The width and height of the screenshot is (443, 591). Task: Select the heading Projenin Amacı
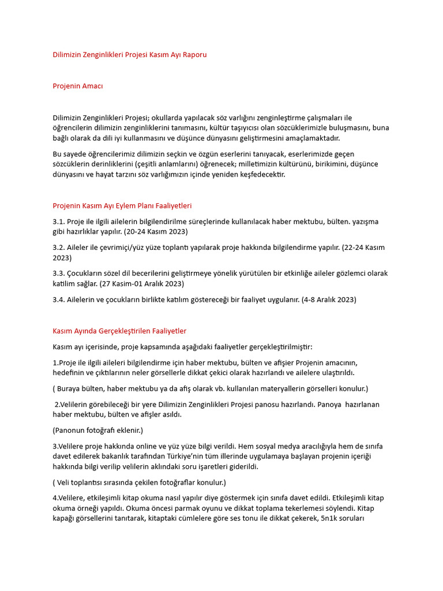click(x=78, y=86)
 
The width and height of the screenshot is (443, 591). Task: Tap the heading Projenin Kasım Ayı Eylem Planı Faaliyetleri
click(x=122, y=205)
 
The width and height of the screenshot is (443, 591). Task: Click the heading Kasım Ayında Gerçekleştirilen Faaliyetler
click(x=119, y=331)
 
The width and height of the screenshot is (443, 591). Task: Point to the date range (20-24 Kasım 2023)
click(x=152, y=231)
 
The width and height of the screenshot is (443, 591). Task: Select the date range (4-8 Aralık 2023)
click(x=329, y=300)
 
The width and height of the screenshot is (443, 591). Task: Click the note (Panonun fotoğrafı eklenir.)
click(x=97, y=431)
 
